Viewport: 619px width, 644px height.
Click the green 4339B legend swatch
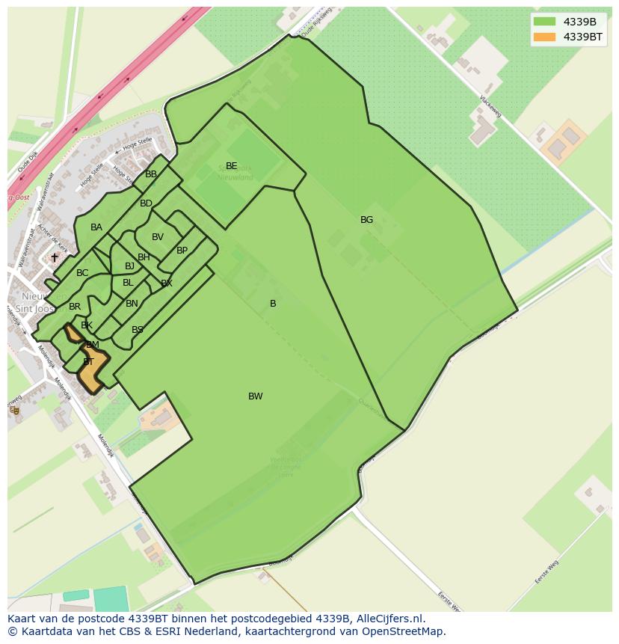(543, 21)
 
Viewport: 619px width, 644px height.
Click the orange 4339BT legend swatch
(543, 37)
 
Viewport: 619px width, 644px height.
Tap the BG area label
(366, 220)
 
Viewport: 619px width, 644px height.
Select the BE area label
(231, 166)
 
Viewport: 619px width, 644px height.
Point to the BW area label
(256, 396)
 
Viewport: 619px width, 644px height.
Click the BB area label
(151, 174)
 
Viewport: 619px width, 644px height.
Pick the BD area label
(146, 203)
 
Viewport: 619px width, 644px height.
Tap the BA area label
(96, 227)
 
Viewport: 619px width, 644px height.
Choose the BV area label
(158, 237)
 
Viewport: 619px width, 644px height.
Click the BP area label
(182, 251)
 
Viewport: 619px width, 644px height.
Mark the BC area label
(82, 273)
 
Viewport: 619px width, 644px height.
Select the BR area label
(75, 307)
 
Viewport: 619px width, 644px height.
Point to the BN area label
(132, 304)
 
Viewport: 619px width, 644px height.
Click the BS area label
(138, 330)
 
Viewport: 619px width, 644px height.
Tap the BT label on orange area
(88, 362)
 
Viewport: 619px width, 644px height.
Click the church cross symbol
(54, 257)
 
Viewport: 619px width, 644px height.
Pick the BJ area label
(129, 266)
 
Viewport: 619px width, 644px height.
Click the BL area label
(128, 283)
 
